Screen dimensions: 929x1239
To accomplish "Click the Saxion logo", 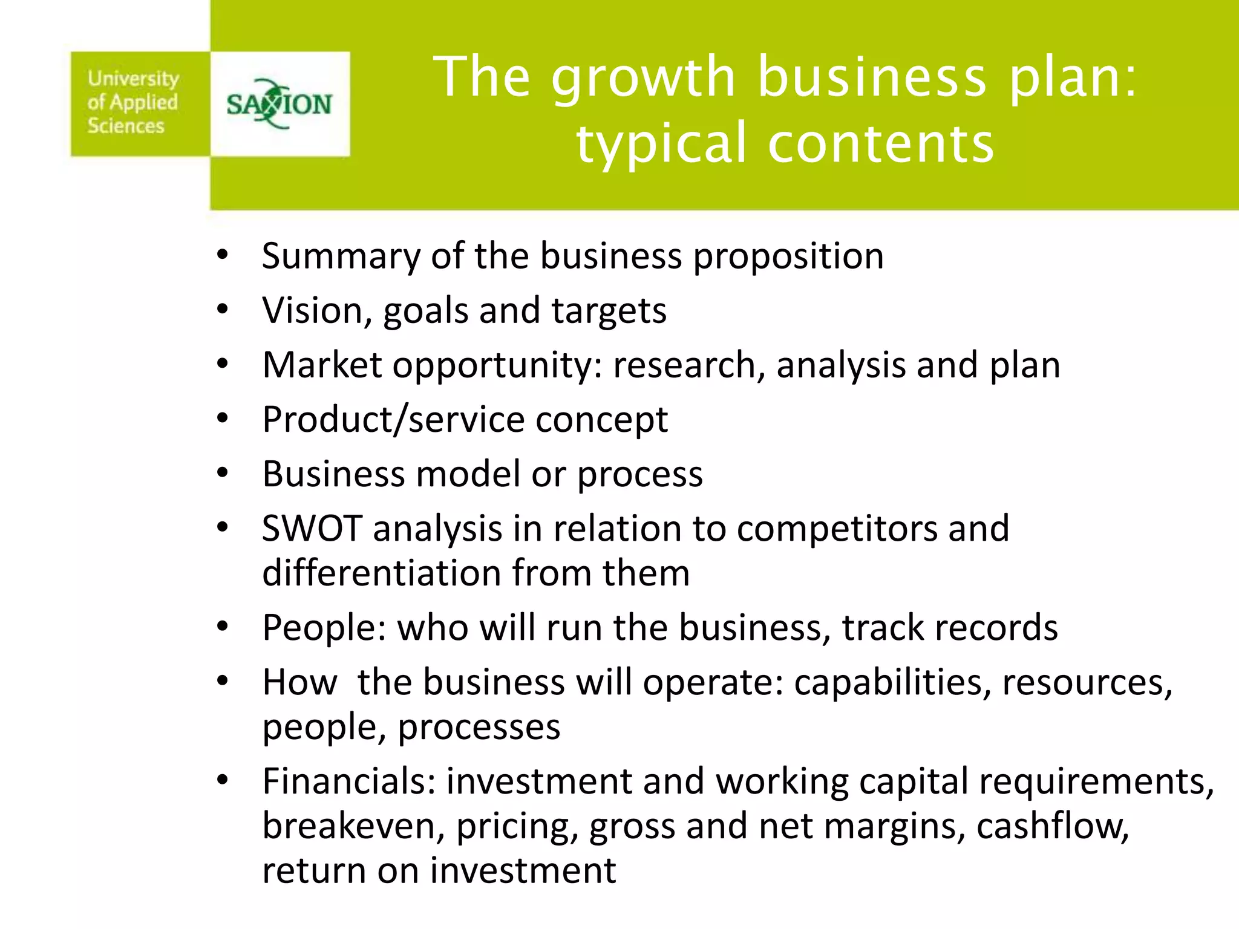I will point(280,104).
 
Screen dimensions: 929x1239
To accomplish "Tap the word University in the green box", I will point(133,79).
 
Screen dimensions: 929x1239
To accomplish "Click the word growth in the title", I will point(643,77).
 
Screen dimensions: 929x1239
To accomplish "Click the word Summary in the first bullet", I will point(341,256).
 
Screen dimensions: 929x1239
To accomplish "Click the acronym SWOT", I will point(312,528).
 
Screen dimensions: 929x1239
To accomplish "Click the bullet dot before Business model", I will point(223,474).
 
